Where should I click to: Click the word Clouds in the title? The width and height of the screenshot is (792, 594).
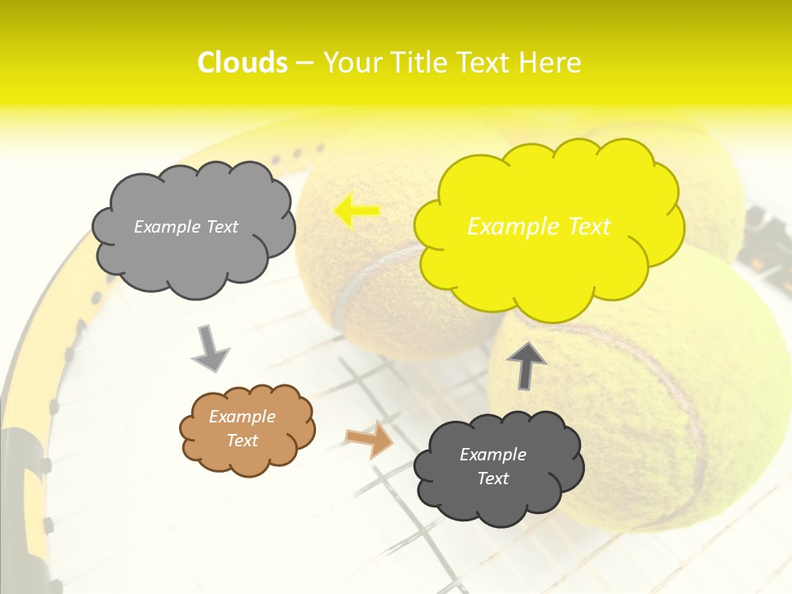pyautogui.click(x=243, y=63)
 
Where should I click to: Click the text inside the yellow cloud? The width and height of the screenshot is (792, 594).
pyautogui.click(x=539, y=227)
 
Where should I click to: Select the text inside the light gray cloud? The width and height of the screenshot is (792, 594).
pyautogui.click(x=186, y=227)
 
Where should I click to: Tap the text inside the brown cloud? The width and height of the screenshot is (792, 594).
pyautogui.click(x=242, y=428)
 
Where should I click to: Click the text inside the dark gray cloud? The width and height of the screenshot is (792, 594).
pyautogui.click(x=493, y=466)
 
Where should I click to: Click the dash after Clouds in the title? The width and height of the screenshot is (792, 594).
pyautogui.click(x=304, y=63)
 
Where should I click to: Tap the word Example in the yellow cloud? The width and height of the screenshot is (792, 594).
pyautogui.click(x=505, y=227)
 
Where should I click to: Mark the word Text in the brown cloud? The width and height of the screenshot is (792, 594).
pyautogui.click(x=242, y=441)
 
